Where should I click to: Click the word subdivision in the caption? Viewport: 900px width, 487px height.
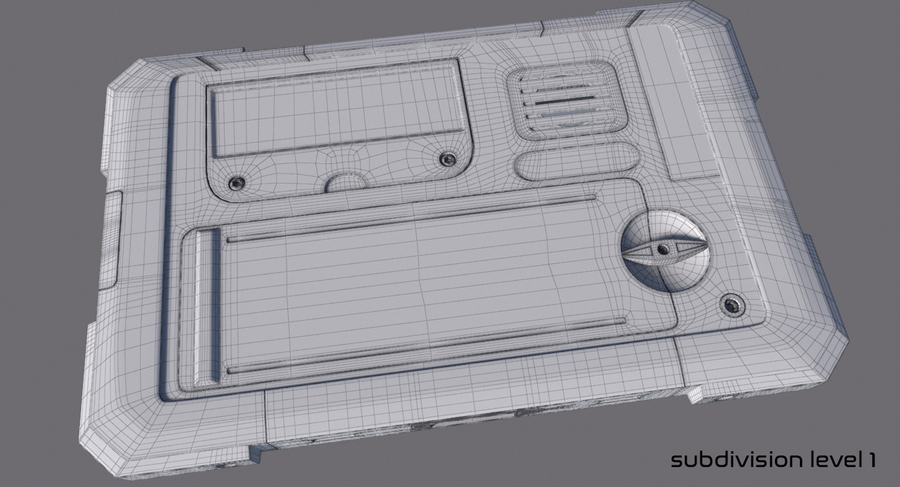coord(738,460)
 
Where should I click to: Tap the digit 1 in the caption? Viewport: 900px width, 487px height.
coord(871,460)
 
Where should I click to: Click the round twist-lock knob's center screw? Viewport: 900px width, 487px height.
coord(662,249)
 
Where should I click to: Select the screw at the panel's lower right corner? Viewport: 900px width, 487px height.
coord(732,306)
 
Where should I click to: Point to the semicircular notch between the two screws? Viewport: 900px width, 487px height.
coord(346,182)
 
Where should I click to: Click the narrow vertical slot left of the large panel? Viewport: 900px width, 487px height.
coord(207,300)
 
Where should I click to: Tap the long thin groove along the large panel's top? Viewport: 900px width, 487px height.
coord(412,219)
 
